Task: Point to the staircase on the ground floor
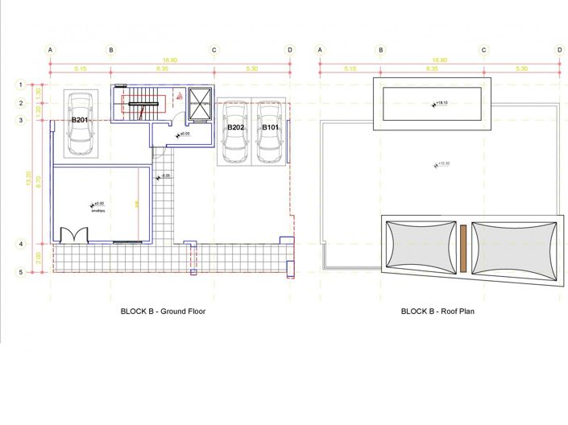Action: tap(143, 104)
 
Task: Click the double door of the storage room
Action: tap(71, 235)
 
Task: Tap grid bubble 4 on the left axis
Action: tap(22, 244)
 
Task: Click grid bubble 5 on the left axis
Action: tap(22, 272)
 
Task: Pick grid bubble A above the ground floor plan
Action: tap(51, 50)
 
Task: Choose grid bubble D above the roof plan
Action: tap(559, 50)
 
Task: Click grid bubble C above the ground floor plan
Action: tap(214, 50)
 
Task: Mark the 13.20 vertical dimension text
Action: tap(29, 182)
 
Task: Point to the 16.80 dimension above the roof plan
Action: tap(439, 60)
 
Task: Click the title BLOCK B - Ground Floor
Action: tap(164, 311)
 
